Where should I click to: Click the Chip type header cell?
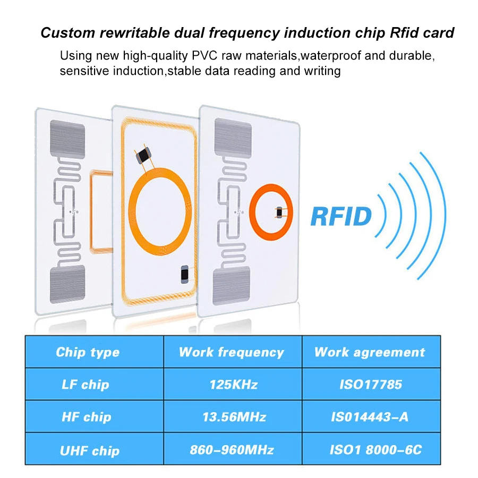(x=88, y=352)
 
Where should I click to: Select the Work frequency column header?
(x=231, y=352)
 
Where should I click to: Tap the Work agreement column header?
(x=370, y=352)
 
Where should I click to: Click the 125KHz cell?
(x=231, y=385)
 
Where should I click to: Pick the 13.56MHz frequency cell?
(x=231, y=417)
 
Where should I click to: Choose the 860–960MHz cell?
(x=231, y=450)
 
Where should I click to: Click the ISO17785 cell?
(x=370, y=385)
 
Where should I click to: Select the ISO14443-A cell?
(x=370, y=417)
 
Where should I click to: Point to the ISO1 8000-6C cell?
(x=370, y=450)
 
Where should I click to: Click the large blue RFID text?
(x=341, y=216)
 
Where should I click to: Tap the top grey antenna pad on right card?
(x=232, y=137)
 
